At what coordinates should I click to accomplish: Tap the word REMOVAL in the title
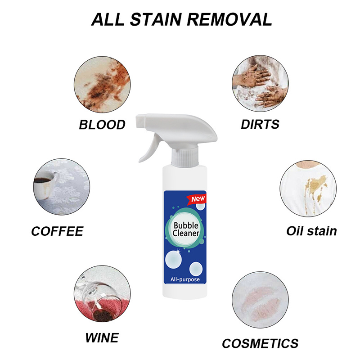tap(229, 19)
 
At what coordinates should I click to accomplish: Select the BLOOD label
tap(102, 125)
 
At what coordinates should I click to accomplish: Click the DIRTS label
tap(260, 125)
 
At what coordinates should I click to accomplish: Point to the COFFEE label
tap(57, 231)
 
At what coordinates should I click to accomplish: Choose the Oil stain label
tap(311, 231)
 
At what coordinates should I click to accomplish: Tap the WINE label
tap(102, 338)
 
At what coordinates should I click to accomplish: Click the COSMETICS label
tap(260, 343)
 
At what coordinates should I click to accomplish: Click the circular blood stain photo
tap(102, 85)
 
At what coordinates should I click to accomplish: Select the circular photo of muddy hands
tap(260, 84)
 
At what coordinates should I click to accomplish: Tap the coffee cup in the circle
tap(45, 185)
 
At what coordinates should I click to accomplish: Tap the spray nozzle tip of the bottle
tap(140, 121)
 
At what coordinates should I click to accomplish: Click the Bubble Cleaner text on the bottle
tap(185, 229)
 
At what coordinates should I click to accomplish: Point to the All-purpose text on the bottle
tap(185, 279)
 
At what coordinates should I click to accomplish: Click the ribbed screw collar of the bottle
tap(185, 157)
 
